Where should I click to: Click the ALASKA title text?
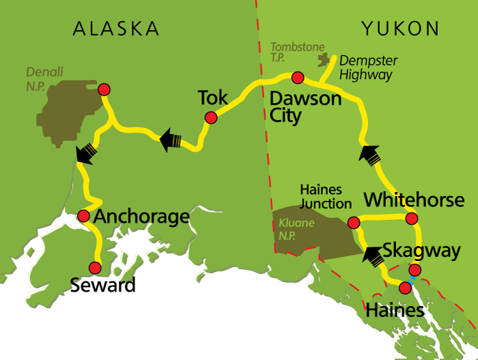coord(116,29)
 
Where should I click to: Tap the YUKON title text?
coord(400,29)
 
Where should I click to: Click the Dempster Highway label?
coord(368,68)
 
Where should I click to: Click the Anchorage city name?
coord(141,217)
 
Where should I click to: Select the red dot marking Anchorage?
coord(83,216)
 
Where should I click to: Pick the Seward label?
coord(103,285)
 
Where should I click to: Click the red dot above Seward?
coord(95,268)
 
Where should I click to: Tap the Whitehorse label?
coord(414,200)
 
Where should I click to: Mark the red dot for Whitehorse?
coord(411,219)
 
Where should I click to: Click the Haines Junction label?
coord(326,195)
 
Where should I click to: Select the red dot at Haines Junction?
coord(354,223)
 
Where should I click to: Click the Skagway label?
coord(421,250)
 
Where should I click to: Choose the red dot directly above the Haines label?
coord(405,288)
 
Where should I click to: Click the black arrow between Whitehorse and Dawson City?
coord(369,154)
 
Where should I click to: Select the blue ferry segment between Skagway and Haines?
coord(412,279)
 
